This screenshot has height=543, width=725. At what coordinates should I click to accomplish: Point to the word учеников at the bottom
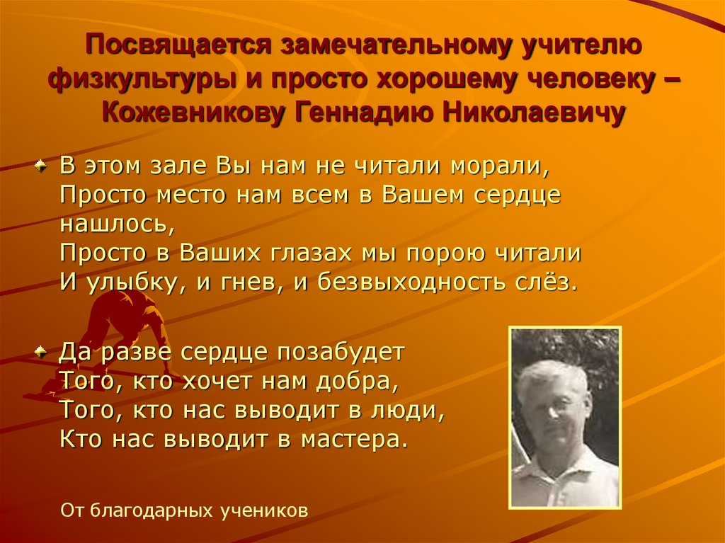pos(270,510)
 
